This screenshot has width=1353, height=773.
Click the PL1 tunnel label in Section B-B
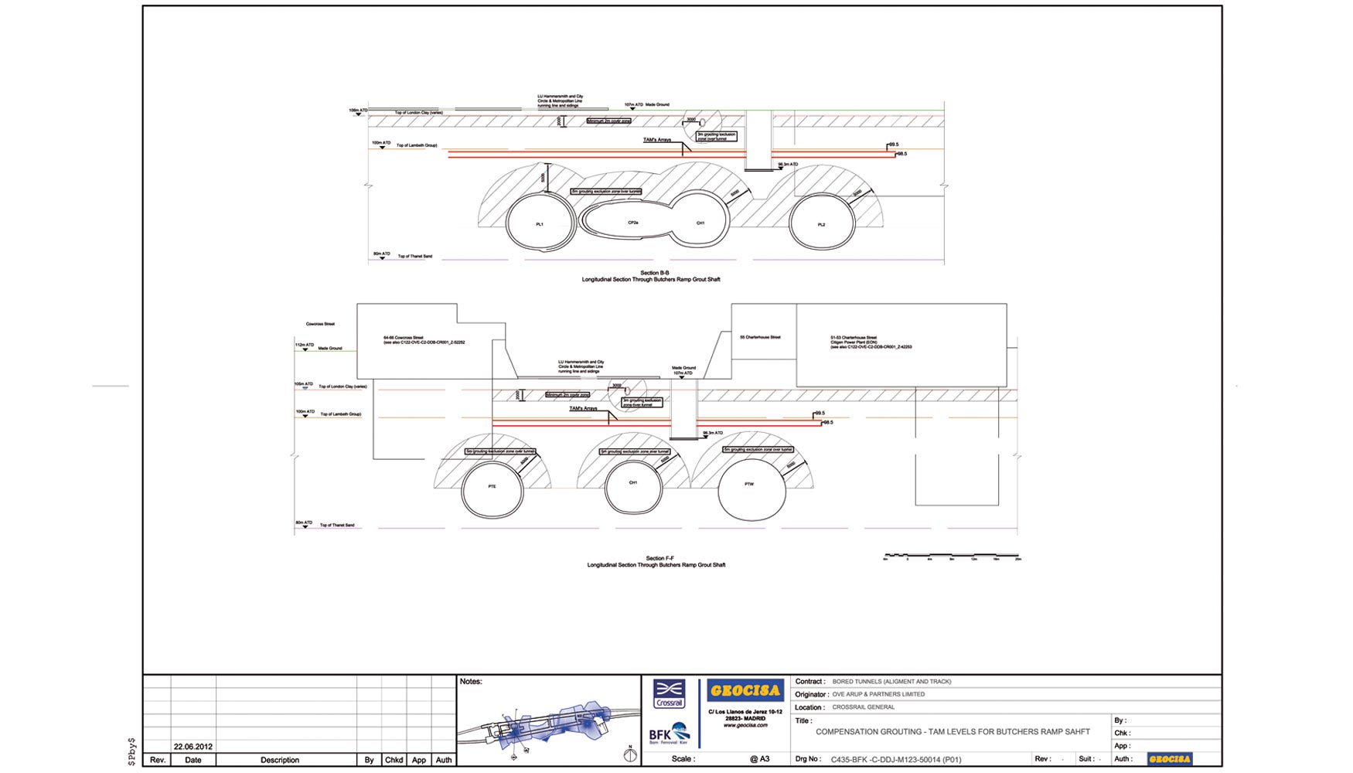[x=540, y=224]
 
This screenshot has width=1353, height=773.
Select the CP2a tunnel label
[x=633, y=223]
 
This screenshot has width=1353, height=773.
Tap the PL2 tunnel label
[x=821, y=225]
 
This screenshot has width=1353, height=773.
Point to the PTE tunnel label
[x=492, y=486]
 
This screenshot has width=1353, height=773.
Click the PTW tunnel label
[x=748, y=484]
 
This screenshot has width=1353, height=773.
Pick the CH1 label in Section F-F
[x=633, y=482]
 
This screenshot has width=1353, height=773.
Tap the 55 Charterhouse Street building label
[x=760, y=337]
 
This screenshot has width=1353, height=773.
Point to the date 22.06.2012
[x=193, y=747]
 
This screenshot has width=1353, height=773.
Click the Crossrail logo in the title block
[x=669, y=693]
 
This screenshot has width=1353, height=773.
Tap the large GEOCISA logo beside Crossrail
[x=745, y=690]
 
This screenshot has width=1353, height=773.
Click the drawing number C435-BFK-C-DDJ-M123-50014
[x=895, y=759]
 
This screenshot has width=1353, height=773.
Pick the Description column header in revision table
[x=280, y=760]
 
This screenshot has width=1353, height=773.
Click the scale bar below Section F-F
[x=952, y=556]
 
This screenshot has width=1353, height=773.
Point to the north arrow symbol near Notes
[x=630, y=754]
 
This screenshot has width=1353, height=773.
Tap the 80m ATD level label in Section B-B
[x=382, y=254]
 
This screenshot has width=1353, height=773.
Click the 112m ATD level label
[x=305, y=345]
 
